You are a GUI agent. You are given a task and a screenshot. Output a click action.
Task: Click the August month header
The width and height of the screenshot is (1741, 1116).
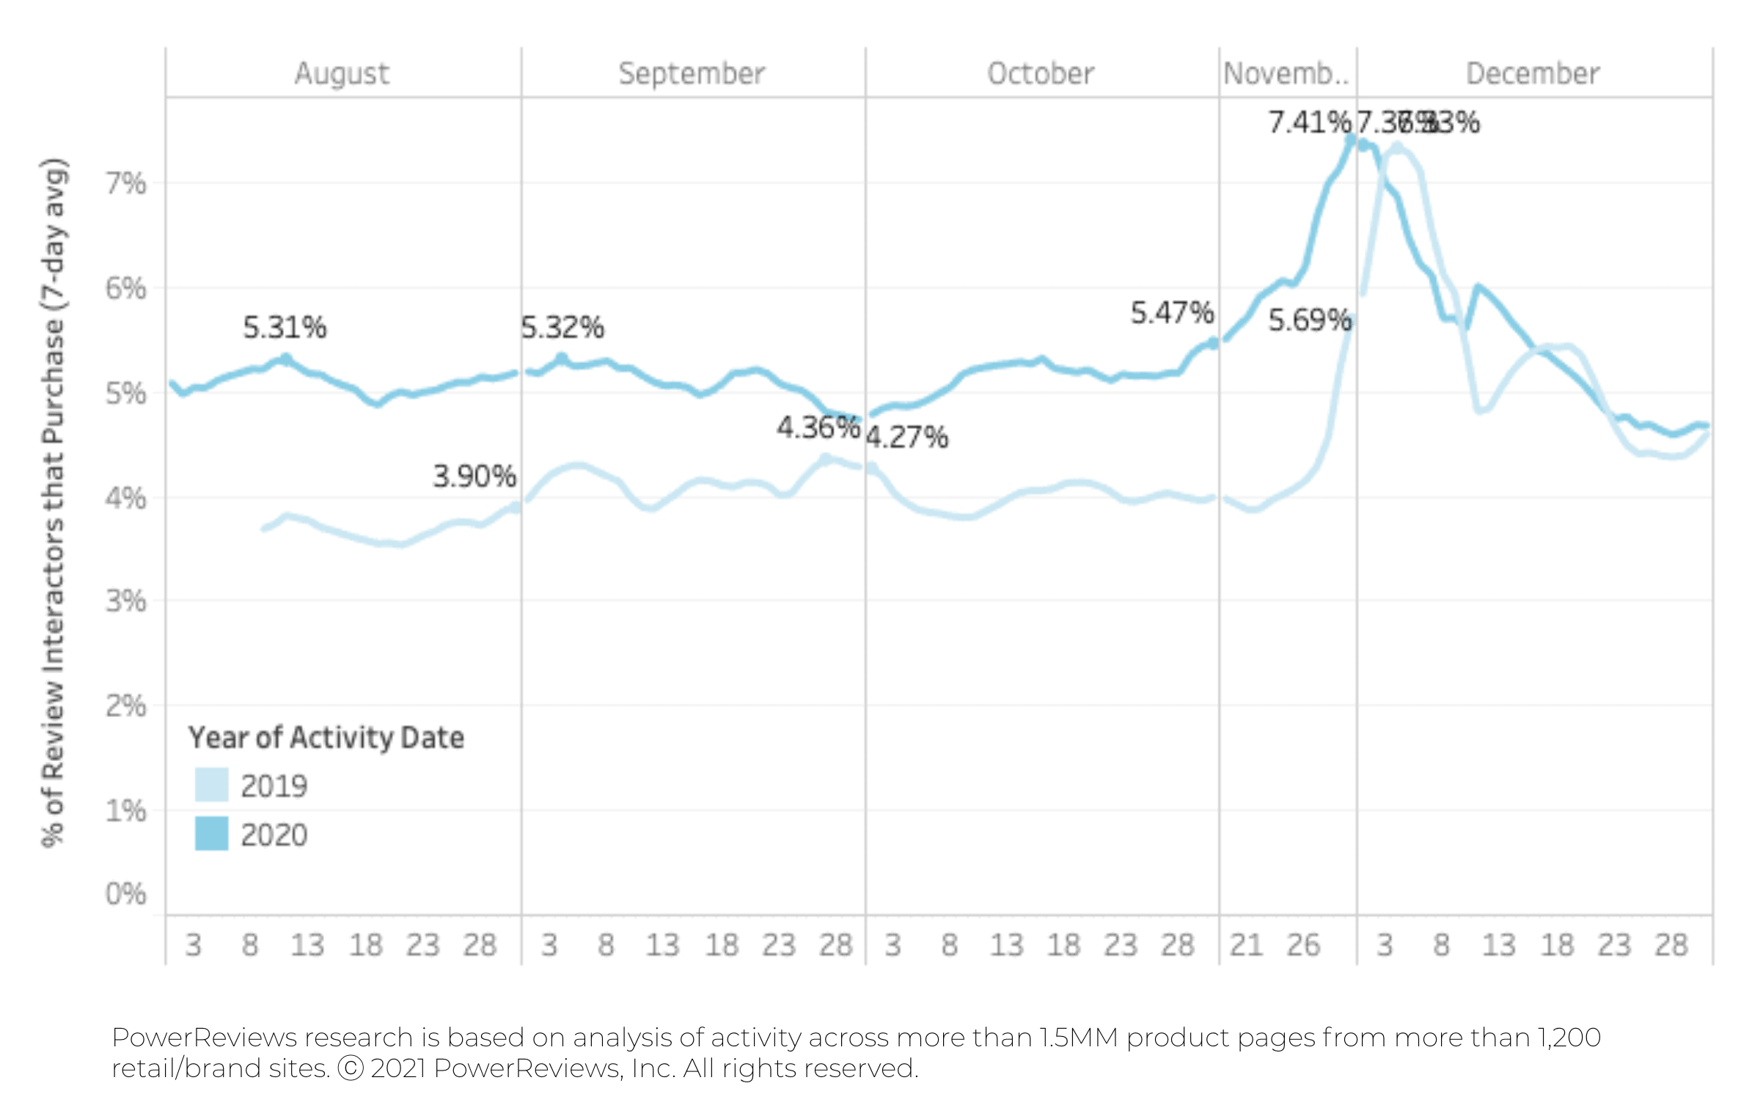click(342, 74)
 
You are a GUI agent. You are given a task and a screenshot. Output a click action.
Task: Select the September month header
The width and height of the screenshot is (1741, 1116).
click(692, 74)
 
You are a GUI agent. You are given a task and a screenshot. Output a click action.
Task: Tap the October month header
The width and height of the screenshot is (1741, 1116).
click(1041, 74)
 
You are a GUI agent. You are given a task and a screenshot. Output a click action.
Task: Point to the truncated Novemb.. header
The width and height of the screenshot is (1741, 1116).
click(1286, 74)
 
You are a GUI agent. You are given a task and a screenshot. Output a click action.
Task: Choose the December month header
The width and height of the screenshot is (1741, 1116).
click(1533, 74)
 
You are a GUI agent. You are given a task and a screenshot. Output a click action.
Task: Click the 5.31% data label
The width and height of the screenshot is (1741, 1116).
click(285, 328)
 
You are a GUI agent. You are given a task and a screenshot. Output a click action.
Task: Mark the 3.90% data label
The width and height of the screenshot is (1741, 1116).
click(474, 477)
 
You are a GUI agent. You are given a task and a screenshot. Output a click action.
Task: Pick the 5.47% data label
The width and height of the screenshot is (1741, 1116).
click(1172, 313)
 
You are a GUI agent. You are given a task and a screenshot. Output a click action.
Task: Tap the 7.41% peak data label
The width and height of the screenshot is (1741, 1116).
click(1309, 122)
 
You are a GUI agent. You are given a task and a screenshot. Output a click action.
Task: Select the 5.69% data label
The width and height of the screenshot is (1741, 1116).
click(1310, 320)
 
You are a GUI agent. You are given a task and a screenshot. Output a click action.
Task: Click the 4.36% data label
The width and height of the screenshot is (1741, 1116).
click(818, 427)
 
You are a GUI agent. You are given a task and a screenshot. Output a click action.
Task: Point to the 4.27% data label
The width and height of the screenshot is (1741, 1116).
click(907, 438)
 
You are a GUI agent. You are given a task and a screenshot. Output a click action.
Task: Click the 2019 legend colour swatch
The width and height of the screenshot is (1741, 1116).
click(211, 785)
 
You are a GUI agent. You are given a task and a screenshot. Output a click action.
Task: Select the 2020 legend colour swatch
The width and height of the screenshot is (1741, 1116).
click(211, 834)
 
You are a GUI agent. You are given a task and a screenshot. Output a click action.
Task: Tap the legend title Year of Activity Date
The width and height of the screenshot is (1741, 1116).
click(326, 738)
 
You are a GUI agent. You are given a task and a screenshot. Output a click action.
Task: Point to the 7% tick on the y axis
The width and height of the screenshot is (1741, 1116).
click(126, 183)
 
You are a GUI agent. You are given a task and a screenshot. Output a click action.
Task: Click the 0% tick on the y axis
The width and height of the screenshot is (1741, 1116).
click(126, 895)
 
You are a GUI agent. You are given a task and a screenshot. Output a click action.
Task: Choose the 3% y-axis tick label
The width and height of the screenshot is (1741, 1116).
click(126, 601)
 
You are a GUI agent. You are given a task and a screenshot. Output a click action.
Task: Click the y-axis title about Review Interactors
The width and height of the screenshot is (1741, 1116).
click(54, 502)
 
